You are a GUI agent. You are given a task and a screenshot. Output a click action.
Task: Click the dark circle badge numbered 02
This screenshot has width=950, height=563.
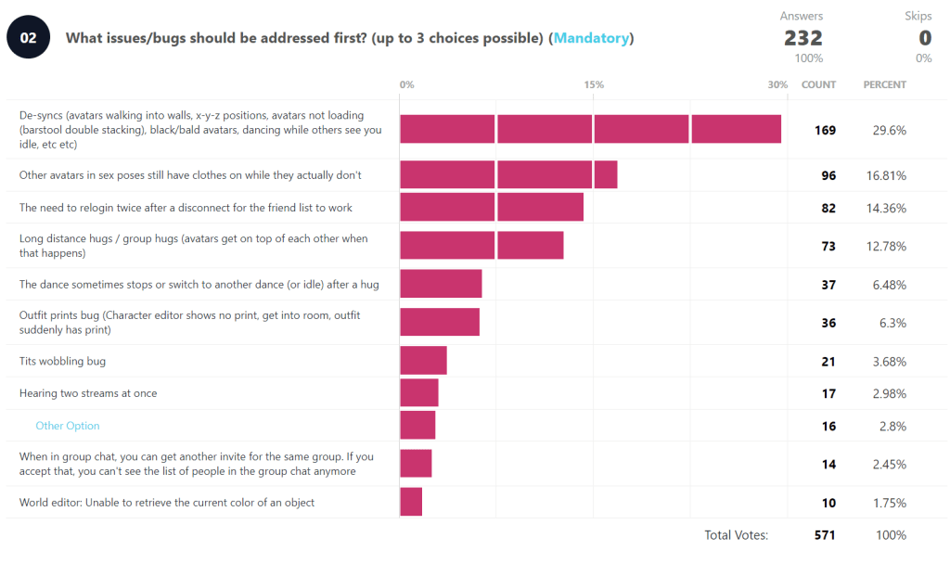[x=28, y=38]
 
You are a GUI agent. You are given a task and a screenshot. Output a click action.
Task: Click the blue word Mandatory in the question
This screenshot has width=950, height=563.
[x=592, y=38]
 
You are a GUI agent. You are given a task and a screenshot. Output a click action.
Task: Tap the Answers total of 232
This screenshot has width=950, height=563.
[x=802, y=38]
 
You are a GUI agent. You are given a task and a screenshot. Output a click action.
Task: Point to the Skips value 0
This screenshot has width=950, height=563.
[x=924, y=38]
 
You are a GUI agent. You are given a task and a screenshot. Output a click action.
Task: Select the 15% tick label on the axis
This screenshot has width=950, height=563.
[x=594, y=84]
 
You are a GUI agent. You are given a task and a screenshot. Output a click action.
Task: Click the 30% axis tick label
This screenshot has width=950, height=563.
[x=777, y=84]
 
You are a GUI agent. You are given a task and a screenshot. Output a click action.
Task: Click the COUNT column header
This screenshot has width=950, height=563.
[x=818, y=84]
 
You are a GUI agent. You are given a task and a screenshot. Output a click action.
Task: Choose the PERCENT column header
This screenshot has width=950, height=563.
[x=884, y=84]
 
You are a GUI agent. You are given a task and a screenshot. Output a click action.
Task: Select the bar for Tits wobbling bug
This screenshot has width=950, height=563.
[x=423, y=361]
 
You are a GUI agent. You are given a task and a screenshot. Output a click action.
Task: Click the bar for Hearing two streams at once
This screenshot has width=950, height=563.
[x=419, y=393]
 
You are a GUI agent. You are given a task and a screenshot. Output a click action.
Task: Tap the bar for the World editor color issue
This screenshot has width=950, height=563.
[x=411, y=502]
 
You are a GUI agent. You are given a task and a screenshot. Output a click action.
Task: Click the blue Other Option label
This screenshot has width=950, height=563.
[x=68, y=426]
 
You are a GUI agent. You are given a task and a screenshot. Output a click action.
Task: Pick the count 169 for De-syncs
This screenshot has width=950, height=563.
[x=825, y=130]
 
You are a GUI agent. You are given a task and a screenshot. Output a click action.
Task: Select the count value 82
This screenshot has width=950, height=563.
[x=828, y=208]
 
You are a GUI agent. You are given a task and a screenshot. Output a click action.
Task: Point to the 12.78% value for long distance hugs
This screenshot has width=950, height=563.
[x=888, y=246]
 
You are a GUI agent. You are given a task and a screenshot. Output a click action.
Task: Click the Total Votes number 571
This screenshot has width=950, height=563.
[x=825, y=535]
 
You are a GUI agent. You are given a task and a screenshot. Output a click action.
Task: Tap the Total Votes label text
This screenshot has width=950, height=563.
[x=736, y=535]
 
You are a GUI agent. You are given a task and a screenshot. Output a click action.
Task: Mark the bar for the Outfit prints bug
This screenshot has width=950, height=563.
[x=440, y=322]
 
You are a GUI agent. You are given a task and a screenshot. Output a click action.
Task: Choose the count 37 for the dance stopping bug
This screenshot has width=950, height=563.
[x=828, y=285]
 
